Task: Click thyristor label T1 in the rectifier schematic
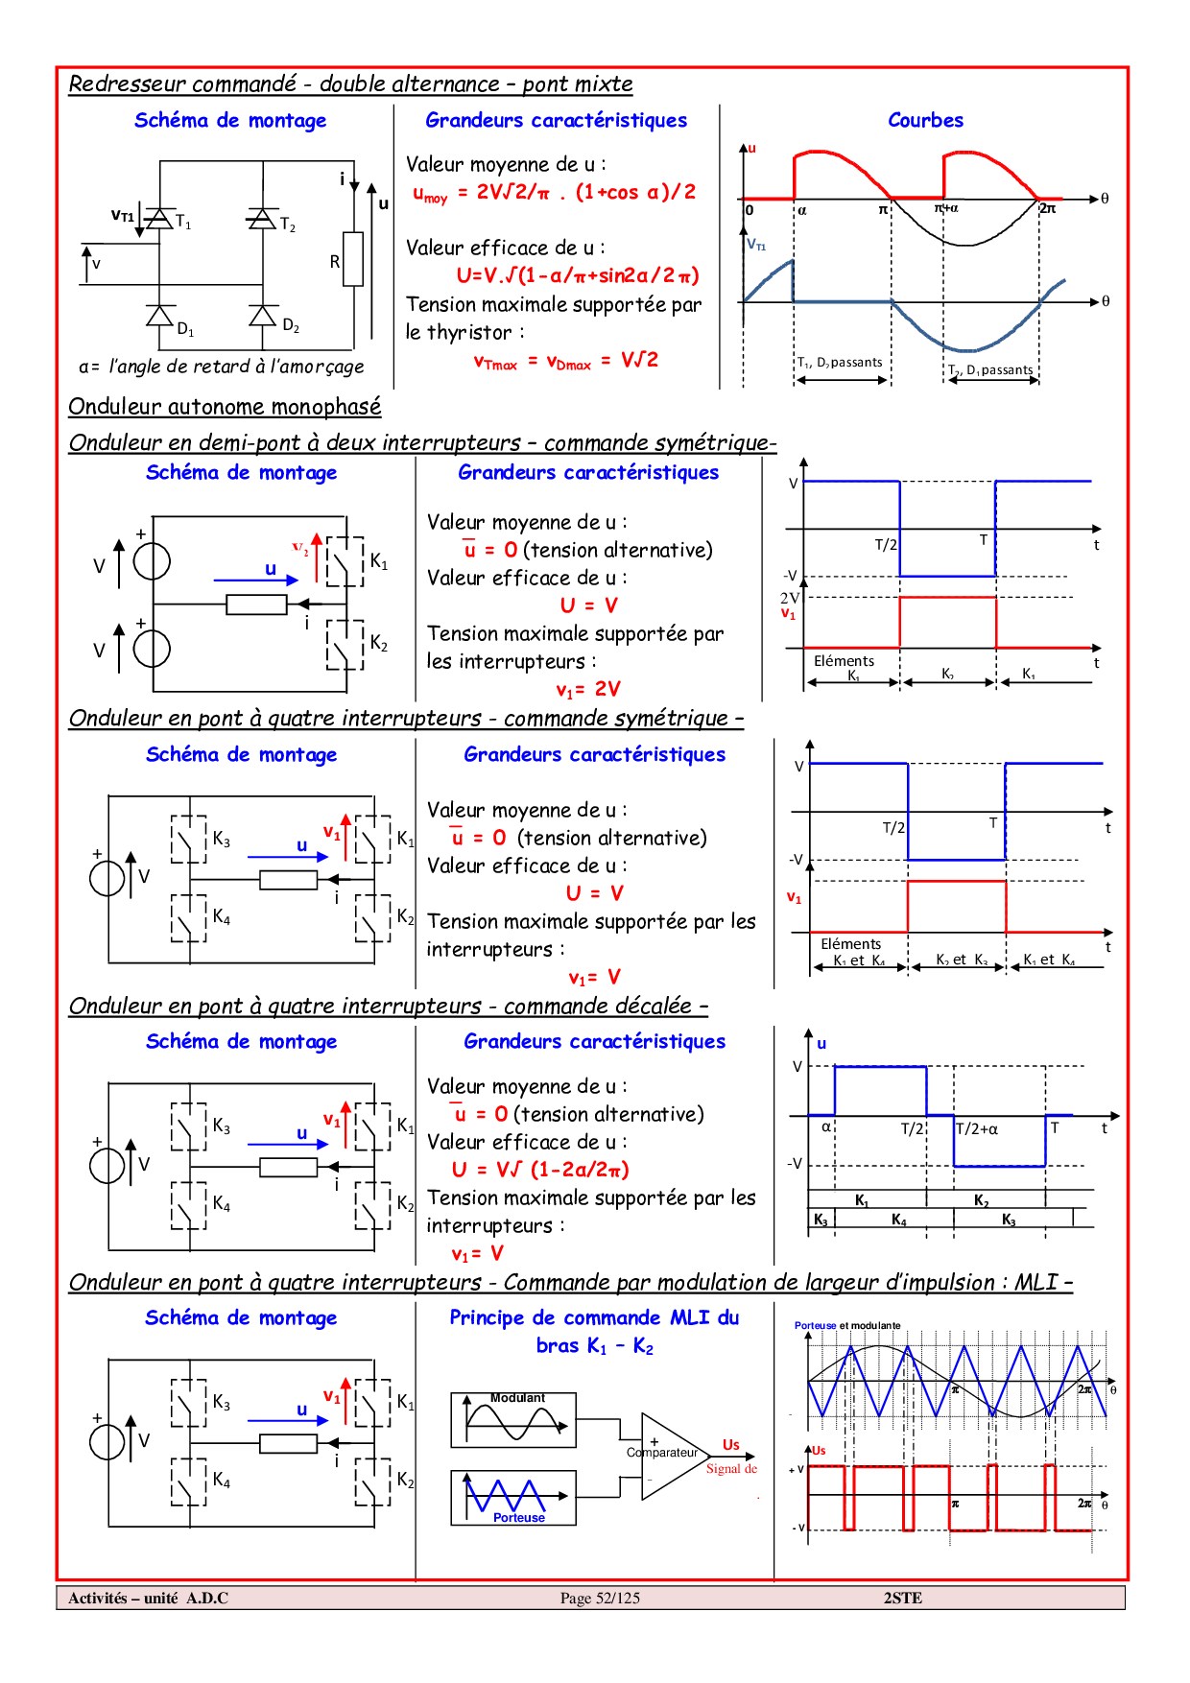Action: coord(183,223)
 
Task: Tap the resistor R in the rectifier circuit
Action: coord(353,259)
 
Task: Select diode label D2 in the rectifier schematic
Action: coord(291,326)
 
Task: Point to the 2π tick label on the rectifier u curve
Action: coord(1047,208)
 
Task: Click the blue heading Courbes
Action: coord(925,120)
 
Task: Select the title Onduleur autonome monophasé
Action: coord(225,407)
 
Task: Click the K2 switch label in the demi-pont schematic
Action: coord(379,643)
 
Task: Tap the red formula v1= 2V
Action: coord(588,689)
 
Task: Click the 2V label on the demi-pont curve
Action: coord(789,598)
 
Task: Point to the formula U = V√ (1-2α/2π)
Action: coord(540,1170)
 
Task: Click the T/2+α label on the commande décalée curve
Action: coord(977,1129)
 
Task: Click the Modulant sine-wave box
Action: coord(513,1420)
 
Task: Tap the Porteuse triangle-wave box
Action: coord(513,1498)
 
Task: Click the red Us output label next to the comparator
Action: coord(731,1445)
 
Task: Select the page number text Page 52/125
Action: coord(600,1598)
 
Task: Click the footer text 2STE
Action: coord(902,1598)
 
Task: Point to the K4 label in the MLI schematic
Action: coord(222,1481)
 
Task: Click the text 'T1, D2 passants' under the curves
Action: coord(840,363)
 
